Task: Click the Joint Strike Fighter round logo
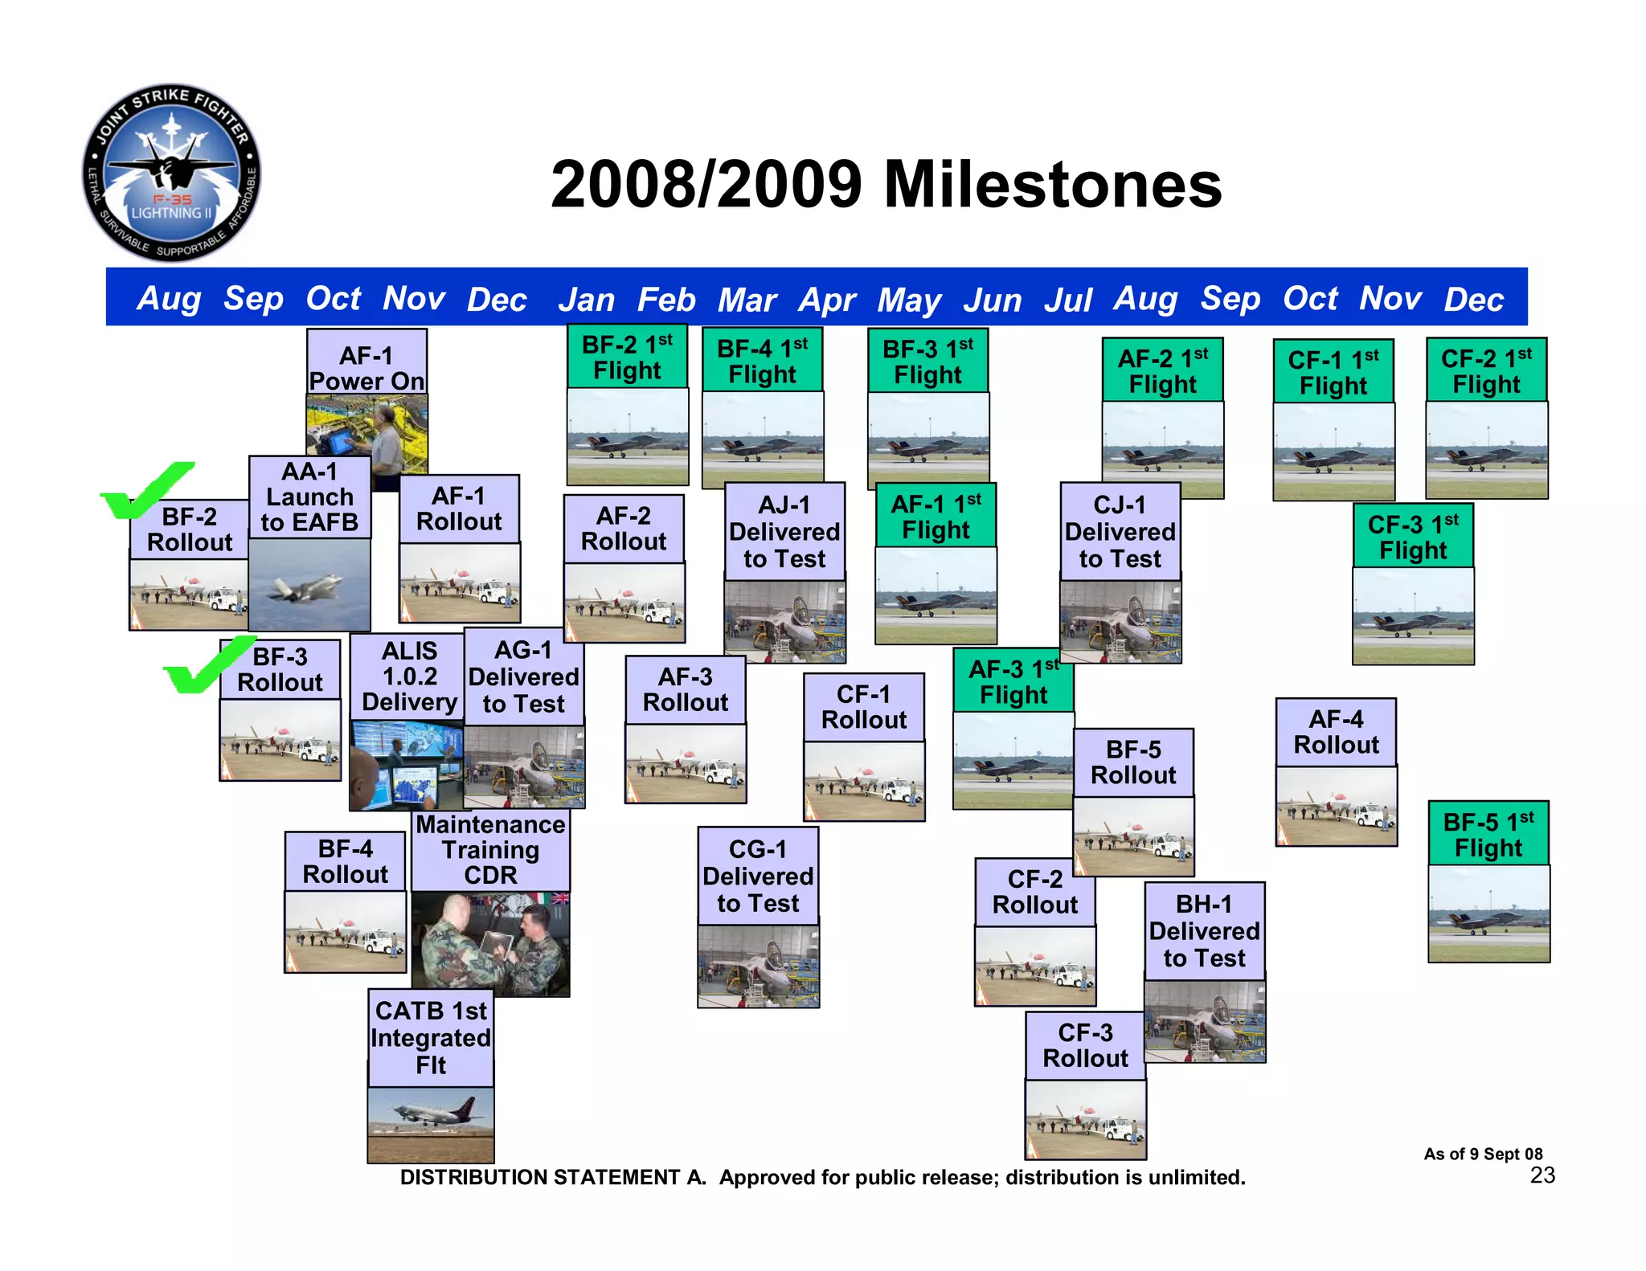pyautogui.click(x=171, y=173)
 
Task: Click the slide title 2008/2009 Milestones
pyautogui.click(x=886, y=185)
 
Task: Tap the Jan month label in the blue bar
pyautogui.click(x=586, y=300)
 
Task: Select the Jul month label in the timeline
pyautogui.click(x=1068, y=300)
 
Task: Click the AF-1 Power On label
pyautogui.click(x=366, y=367)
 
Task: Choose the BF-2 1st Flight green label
pyautogui.click(x=627, y=358)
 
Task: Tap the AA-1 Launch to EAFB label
pyautogui.click(x=309, y=497)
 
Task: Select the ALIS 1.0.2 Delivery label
pyautogui.click(x=409, y=676)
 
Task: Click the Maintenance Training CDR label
pyautogui.click(x=490, y=850)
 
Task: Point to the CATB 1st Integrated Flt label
pyautogui.click(x=431, y=1037)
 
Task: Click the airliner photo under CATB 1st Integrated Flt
pyautogui.click(x=431, y=1123)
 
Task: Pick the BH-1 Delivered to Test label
pyautogui.click(x=1204, y=930)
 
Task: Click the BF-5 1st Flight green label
pyautogui.click(x=1488, y=834)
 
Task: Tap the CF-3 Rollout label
pyautogui.click(x=1085, y=1045)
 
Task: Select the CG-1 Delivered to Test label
pyautogui.click(x=758, y=876)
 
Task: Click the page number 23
pyautogui.click(x=1542, y=1175)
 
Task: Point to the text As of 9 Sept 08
pyautogui.click(x=1483, y=1154)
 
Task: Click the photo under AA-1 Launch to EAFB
pyautogui.click(x=309, y=584)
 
